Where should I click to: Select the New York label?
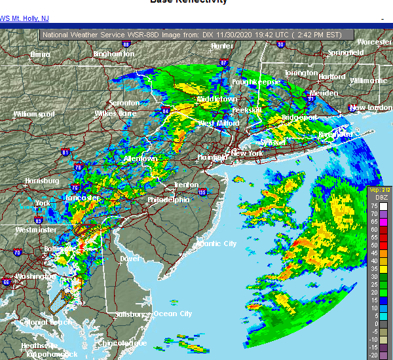247,153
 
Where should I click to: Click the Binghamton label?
113,54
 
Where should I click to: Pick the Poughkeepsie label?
256,82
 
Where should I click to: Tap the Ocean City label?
172,314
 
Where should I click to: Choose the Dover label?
130,259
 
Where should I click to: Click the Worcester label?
374,42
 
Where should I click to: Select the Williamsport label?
34,114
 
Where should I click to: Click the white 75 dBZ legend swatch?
384,206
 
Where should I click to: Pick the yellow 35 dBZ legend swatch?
384,268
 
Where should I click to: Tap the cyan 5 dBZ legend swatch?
384,315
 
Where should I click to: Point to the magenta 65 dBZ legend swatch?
384,221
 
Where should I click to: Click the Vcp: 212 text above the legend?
378,190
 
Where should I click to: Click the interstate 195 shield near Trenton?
202,192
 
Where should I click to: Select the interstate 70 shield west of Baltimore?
17,252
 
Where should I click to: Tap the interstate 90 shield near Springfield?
280,45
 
